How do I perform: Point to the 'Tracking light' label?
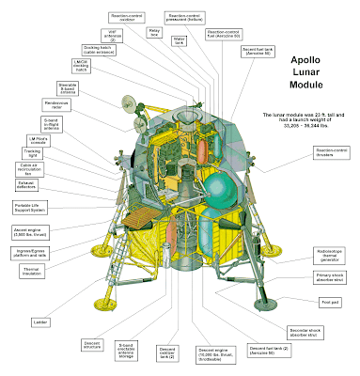pyautogui.click(x=33, y=152)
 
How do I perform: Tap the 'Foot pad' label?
pyautogui.click(x=330, y=302)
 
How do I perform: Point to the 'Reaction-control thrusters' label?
pyautogui.click(x=330, y=151)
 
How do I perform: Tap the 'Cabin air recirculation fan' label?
pyautogui.click(x=29, y=168)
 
